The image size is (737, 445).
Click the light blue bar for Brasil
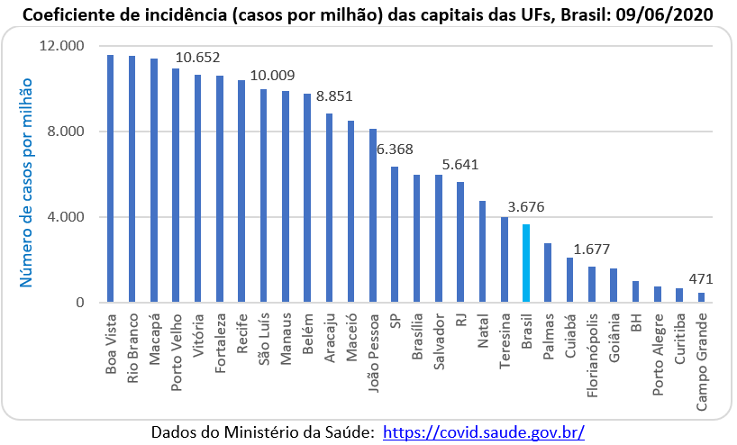click(526, 263)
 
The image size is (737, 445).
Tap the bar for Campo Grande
click(701, 297)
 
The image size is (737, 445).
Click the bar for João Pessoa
click(373, 215)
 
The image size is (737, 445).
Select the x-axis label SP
click(395, 322)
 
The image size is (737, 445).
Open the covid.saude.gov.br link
click(484, 431)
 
